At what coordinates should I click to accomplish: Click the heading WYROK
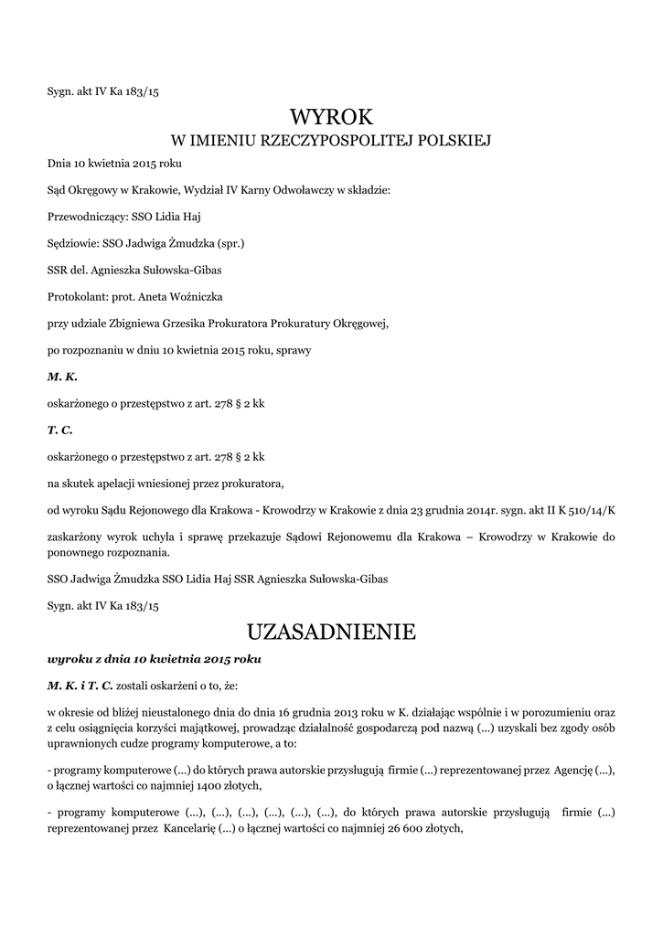tap(331, 117)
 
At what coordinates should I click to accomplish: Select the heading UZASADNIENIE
tap(331, 632)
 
